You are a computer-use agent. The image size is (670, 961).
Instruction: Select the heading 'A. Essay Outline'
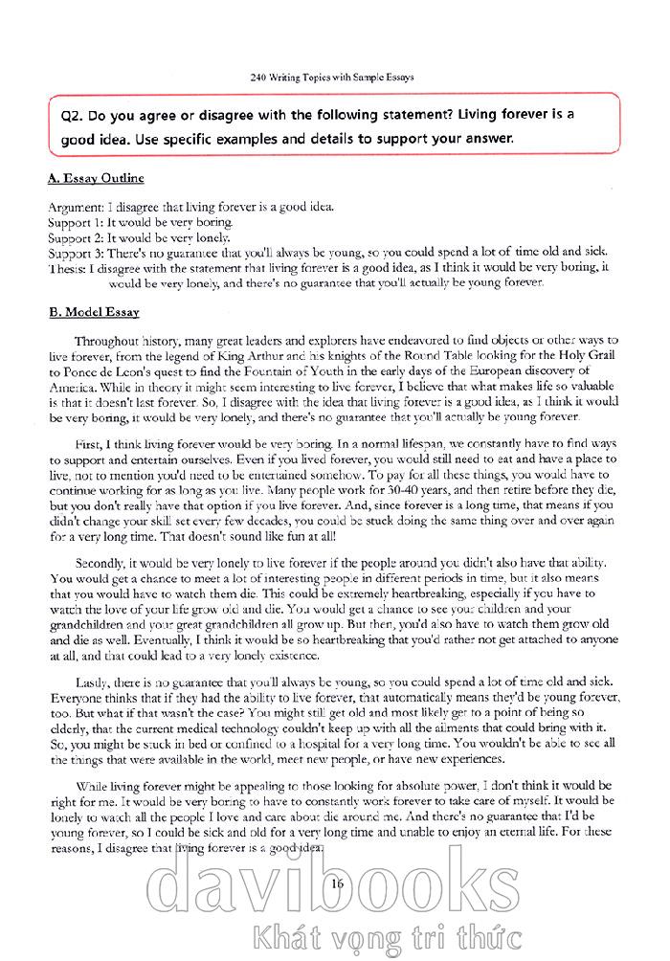(96, 178)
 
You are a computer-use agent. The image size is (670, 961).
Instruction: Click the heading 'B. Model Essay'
(94, 312)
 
